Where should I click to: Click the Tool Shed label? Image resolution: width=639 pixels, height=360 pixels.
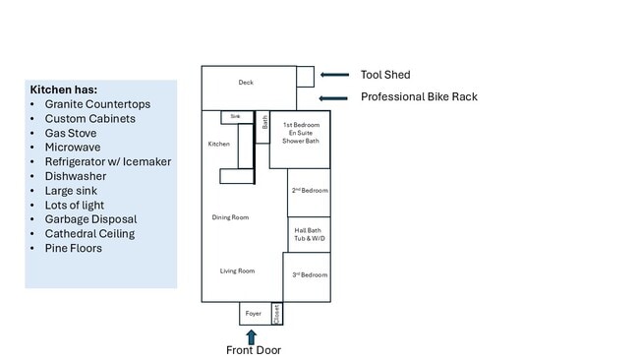385,75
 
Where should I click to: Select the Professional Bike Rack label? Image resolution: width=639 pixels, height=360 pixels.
419,97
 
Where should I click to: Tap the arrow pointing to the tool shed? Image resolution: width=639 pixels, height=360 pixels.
335,75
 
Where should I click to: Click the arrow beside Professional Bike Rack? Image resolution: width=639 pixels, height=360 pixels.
335,97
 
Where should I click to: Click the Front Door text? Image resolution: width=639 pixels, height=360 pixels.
254,350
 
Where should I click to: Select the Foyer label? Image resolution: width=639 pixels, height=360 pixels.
254,314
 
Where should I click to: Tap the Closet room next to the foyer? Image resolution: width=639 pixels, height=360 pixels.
277,313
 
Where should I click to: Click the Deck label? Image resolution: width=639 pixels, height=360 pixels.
246,83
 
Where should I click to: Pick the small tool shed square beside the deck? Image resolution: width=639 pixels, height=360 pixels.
305,76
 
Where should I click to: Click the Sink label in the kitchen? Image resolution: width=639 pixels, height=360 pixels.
235,116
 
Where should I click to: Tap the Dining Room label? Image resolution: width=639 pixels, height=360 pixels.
230,217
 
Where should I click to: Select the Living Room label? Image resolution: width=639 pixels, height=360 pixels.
237,270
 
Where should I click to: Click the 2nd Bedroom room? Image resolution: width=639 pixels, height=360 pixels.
309,191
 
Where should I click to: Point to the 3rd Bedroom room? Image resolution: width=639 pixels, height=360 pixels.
308,275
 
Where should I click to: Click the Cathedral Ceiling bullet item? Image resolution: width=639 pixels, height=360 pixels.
89,234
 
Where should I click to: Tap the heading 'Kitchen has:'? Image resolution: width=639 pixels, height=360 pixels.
64,90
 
